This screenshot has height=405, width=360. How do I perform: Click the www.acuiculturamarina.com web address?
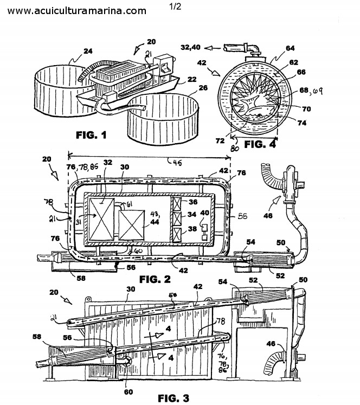pos(77,11)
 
